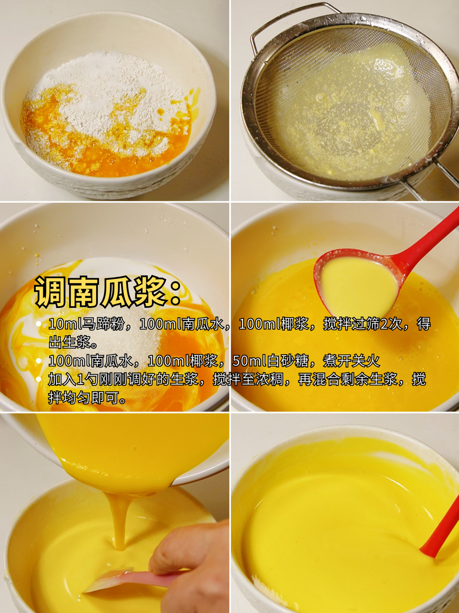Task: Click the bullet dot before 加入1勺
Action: click(39, 379)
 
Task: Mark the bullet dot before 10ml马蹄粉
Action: click(39, 324)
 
